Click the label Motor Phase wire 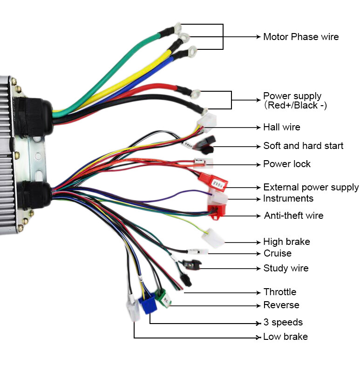click(x=301, y=37)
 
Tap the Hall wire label click(x=282, y=127)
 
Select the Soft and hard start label click(x=303, y=146)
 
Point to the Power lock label click(x=287, y=164)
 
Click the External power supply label click(x=311, y=187)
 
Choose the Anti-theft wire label click(x=293, y=216)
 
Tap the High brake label click(x=286, y=242)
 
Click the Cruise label click(x=278, y=253)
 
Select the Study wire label click(x=286, y=268)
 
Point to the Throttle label click(x=280, y=292)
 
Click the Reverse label click(x=281, y=305)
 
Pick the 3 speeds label click(x=283, y=322)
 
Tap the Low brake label click(x=285, y=337)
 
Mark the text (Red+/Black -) click(x=295, y=106)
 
